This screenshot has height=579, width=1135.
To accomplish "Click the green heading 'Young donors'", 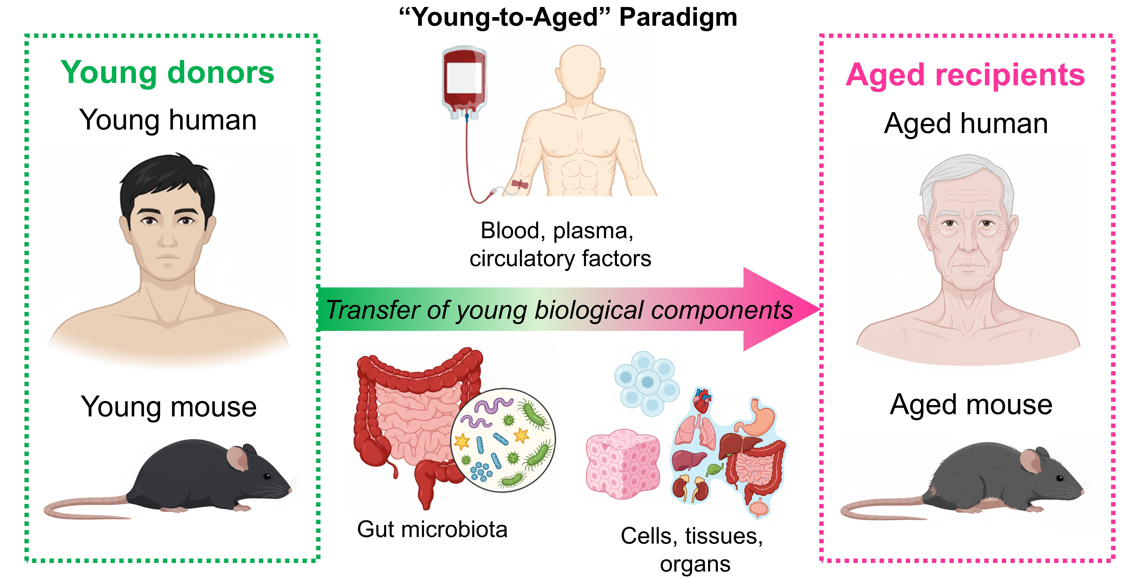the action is pyautogui.click(x=167, y=73).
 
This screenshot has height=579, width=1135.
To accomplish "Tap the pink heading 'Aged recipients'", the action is pyautogui.click(x=965, y=75).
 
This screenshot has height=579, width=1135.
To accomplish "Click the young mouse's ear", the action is pyautogui.click(x=238, y=458).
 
